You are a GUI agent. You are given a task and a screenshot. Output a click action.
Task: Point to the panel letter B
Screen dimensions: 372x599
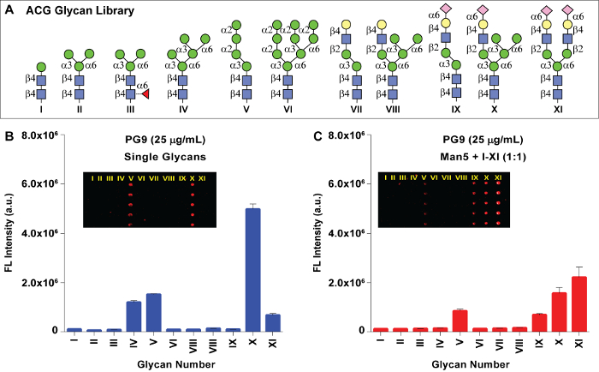point(8,135)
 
